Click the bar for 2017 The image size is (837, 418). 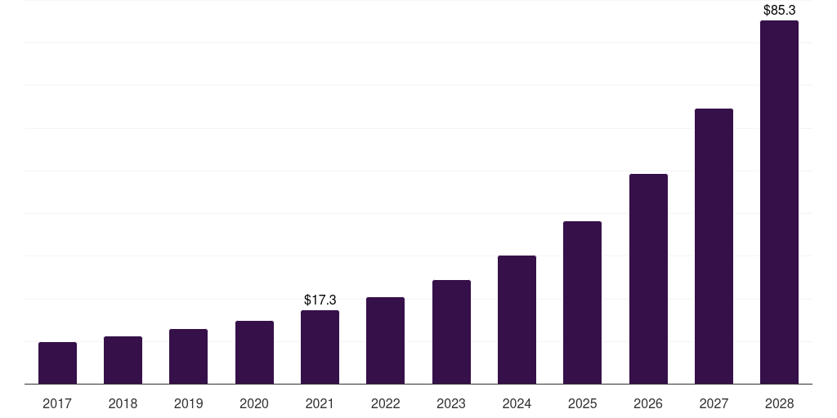pos(57,363)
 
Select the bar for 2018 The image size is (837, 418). pos(123,360)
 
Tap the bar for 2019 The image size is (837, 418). pos(188,357)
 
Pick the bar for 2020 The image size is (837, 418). pos(254,353)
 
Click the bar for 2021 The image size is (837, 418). pos(320,347)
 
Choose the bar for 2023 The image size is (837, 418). pos(451,332)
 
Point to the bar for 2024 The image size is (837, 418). pos(517,320)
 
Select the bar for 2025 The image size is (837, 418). pos(582,303)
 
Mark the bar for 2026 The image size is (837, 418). pos(648,279)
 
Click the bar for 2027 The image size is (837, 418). pos(714,247)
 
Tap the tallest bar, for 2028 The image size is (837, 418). pos(779,202)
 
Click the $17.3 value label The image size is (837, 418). pos(320,300)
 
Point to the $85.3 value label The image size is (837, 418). pos(779,11)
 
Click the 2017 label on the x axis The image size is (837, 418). pos(57,403)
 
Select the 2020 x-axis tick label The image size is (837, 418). pos(254,403)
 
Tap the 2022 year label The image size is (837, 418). pos(385,403)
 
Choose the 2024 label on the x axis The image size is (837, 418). pos(517,403)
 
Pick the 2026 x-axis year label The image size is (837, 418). pos(648,403)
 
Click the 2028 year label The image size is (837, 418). pos(779,403)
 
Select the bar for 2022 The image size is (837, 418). pos(385,340)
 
